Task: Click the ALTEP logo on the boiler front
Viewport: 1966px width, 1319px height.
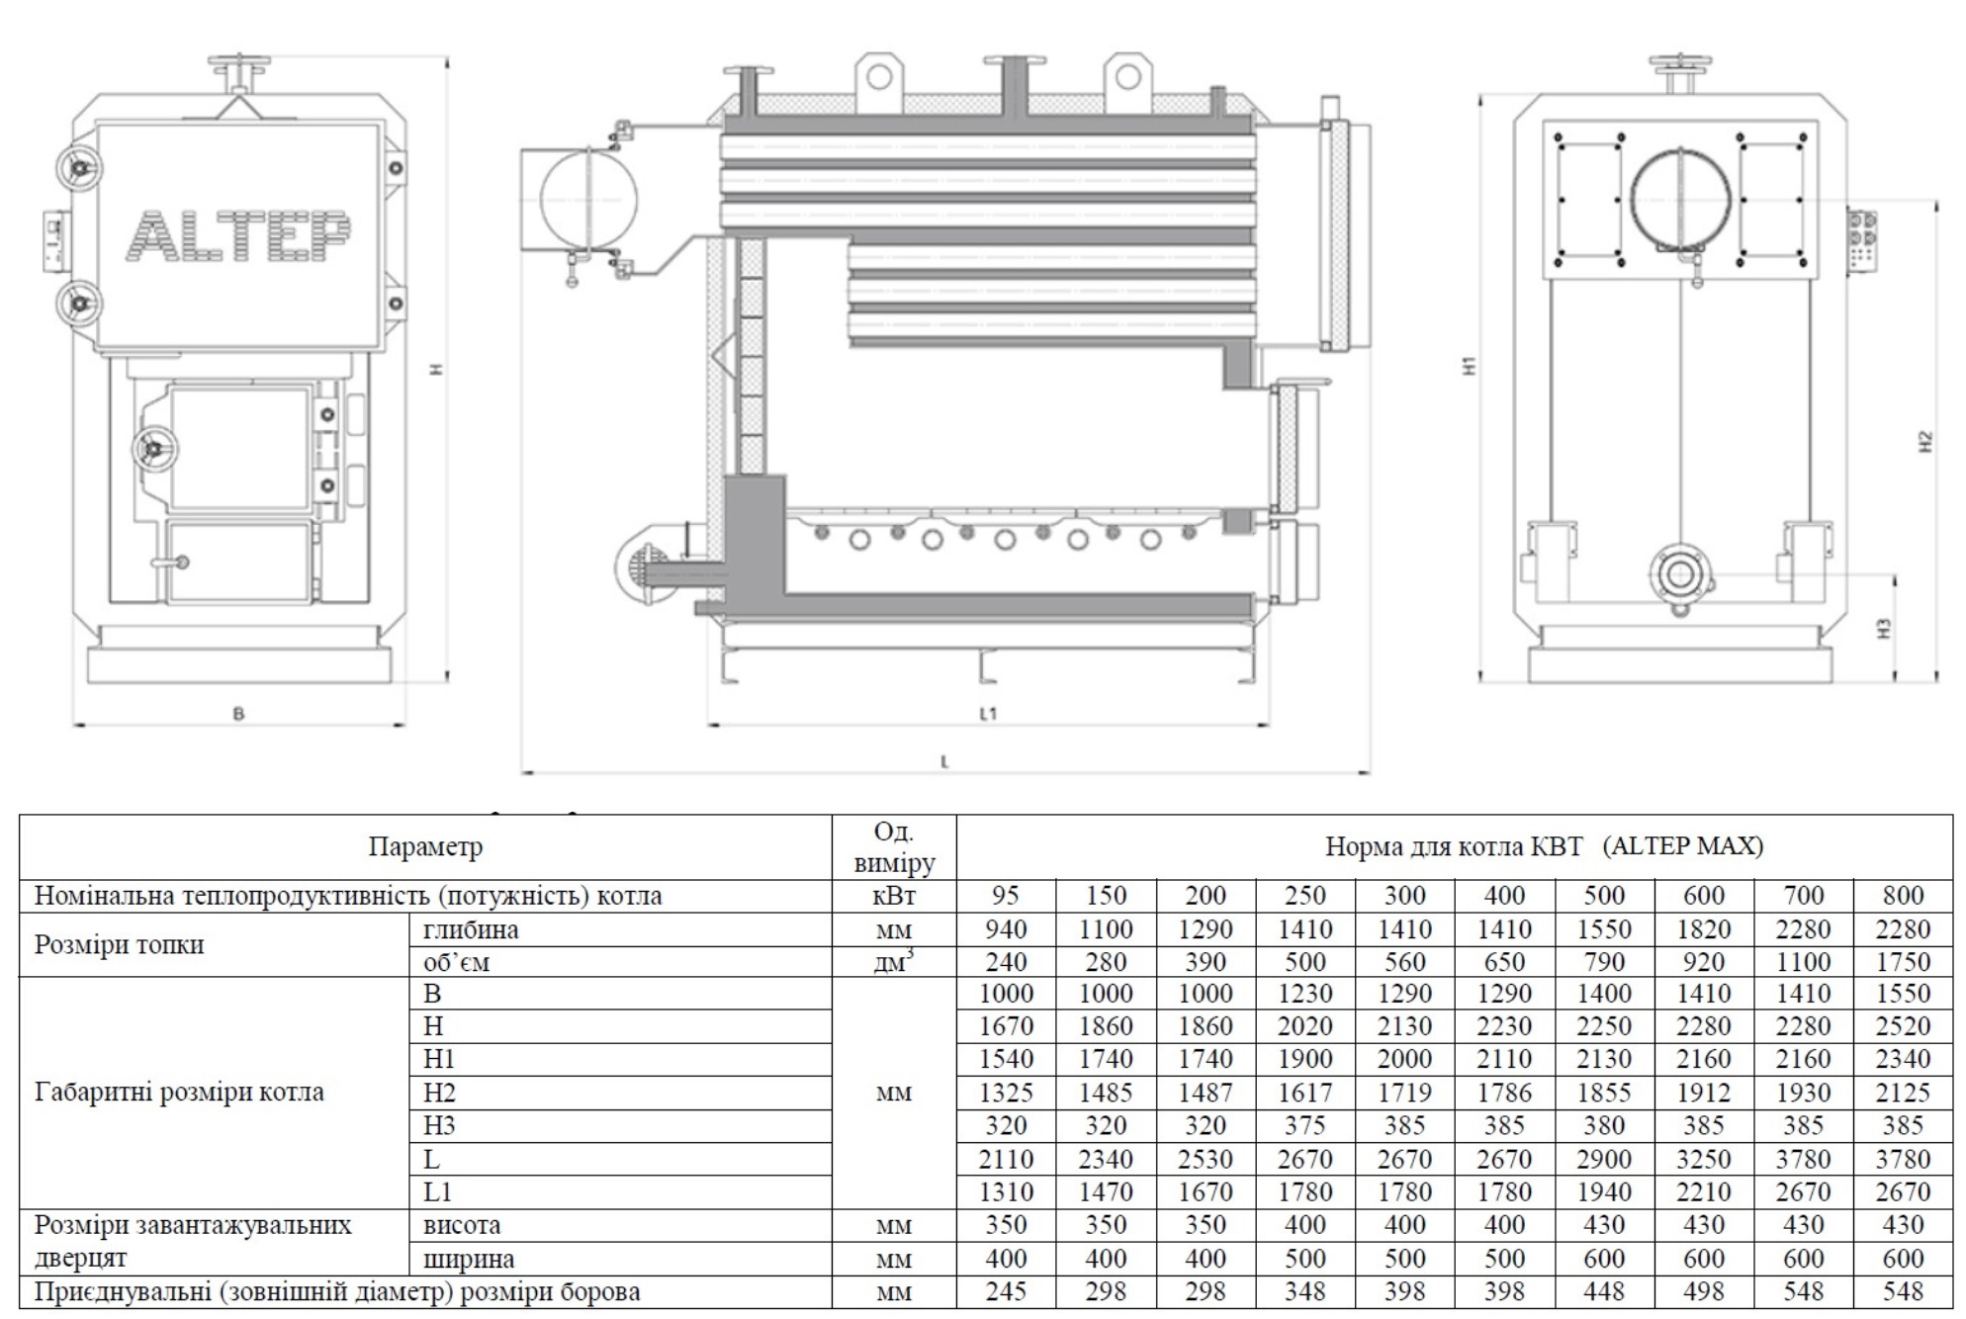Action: [238, 237]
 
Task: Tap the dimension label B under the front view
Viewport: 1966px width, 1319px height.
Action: [238, 713]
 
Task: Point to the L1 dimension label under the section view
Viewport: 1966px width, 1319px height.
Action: [988, 713]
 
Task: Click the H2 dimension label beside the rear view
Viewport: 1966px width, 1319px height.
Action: [1924, 441]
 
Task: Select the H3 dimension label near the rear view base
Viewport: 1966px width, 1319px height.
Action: [1884, 628]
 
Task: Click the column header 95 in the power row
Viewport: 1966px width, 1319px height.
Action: [1005, 896]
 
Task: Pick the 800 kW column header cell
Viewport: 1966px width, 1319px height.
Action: [1902, 896]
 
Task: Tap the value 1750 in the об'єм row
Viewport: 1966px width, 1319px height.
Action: [1902, 962]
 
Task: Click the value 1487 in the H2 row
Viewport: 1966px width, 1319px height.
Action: [1205, 1093]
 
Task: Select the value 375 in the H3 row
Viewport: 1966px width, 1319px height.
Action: [1304, 1126]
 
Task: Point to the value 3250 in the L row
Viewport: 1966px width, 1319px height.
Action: [1703, 1159]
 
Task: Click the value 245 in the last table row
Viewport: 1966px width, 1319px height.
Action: [1005, 1292]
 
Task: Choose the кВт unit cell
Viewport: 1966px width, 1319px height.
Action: [893, 896]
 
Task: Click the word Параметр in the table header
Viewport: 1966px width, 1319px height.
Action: [425, 847]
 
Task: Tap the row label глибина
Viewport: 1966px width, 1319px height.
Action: [471, 929]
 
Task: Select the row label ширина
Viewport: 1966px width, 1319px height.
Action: [469, 1260]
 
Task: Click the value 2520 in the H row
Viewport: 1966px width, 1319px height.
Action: [1902, 1026]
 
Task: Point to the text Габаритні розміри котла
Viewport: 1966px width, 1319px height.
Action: [179, 1093]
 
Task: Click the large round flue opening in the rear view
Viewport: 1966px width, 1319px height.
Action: [1680, 198]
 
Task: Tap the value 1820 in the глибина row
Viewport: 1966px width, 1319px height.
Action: [1703, 929]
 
